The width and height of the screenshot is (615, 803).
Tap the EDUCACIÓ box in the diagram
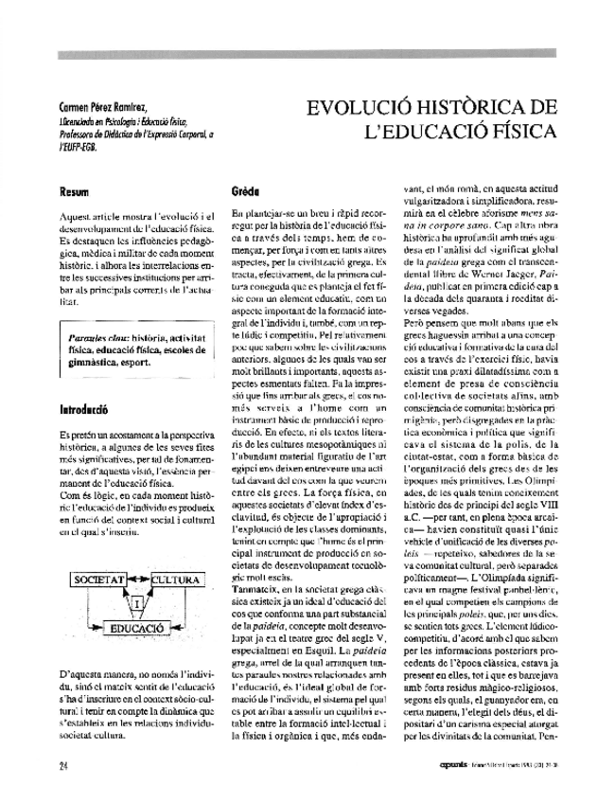139,627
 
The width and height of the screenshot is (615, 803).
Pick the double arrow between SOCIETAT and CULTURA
136,578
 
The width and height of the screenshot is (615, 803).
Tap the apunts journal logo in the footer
456,762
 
